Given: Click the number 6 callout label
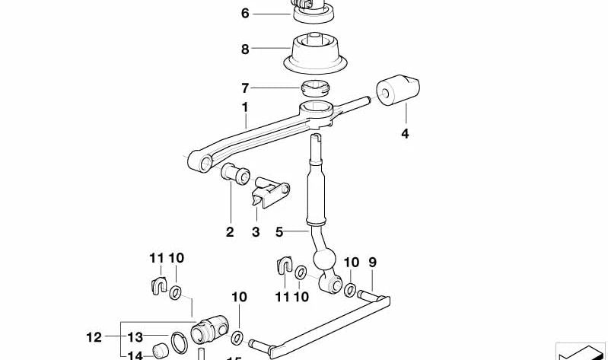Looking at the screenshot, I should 245,14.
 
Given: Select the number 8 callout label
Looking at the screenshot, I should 245,49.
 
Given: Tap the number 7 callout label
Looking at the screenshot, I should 245,88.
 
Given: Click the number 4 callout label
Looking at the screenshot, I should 405,135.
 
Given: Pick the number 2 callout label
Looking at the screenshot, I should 230,232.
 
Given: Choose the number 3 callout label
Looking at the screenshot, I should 256,232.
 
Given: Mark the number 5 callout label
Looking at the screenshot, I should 279,232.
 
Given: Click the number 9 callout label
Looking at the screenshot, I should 373,263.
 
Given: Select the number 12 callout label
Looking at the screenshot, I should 94,336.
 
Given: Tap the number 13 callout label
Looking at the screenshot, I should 135,336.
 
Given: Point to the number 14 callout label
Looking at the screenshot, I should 135,355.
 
